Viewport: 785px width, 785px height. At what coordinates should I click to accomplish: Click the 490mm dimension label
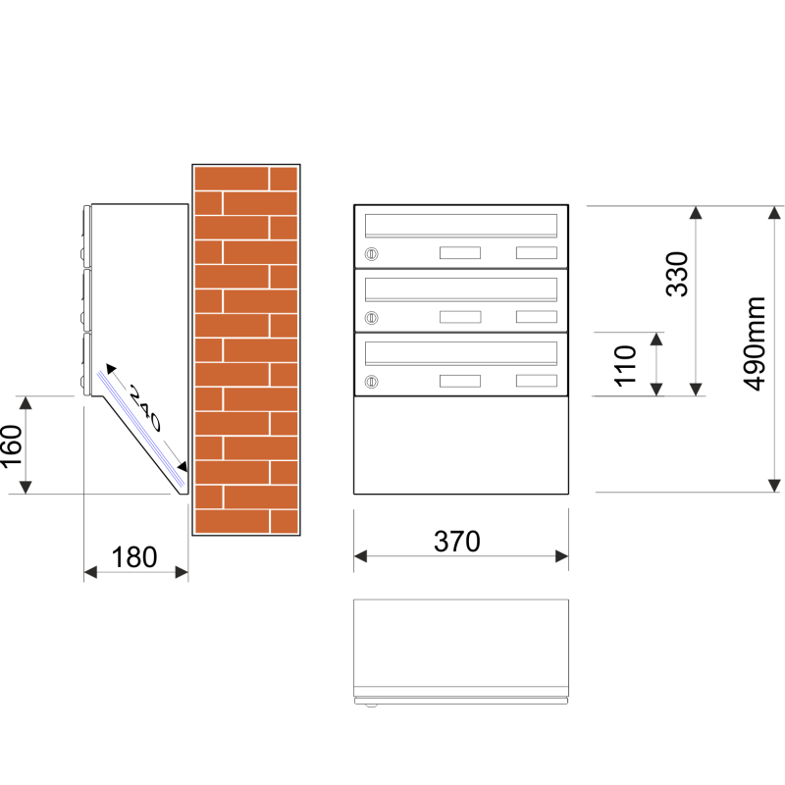click(x=754, y=343)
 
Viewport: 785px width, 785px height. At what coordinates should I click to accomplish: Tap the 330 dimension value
click(x=677, y=275)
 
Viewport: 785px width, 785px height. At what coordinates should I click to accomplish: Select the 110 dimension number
click(x=625, y=366)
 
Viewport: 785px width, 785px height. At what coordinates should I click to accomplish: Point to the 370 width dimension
click(x=457, y=542)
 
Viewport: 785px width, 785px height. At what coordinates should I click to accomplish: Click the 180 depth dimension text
click(x=134, y=557)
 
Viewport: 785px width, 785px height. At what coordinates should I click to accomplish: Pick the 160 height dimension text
click(x=11, y=447)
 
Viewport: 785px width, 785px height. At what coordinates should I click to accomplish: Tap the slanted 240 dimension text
click(x=145, y=408)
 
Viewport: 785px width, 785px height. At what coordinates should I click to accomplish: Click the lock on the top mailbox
click(x=371, y=254)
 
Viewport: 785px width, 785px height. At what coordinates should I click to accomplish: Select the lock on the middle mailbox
click(x=371, y=317)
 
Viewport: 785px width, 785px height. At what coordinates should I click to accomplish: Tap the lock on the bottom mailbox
click(x=371, y=382)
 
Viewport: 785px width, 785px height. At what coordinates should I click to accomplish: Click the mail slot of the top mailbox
click(x=461, y=226)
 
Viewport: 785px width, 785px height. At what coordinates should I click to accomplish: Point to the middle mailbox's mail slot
click(x=461, y=289)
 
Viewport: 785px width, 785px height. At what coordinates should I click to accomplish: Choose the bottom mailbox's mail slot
click(x=461, y=353)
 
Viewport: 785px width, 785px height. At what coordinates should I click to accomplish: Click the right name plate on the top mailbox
click(x=537, y=252)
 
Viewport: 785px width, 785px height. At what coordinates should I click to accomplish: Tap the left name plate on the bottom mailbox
click(x=460, y=381)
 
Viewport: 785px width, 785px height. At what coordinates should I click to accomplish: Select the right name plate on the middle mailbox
click(x=537, y=316)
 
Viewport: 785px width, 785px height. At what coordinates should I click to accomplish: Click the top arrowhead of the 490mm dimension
click(x=774, y=212)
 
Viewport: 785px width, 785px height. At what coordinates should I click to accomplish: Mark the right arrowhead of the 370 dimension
click(x=562, y=556)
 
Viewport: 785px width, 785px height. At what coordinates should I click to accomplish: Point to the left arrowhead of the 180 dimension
click(x=90, y=572)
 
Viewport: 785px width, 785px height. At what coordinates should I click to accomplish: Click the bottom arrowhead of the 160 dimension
click(x=26, y=487)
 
